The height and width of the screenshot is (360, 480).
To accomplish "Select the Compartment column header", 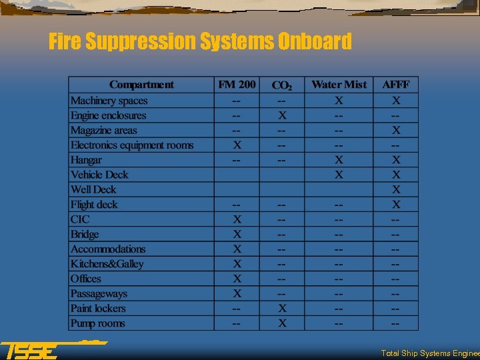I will [x=141, y=85].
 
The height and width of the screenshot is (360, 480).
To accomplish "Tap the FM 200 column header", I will [x=237, y=85].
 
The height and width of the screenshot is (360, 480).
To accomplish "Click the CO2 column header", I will [x=282, y=85].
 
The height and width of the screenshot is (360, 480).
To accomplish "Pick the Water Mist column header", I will [x=339, y=85].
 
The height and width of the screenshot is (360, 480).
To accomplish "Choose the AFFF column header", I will [x=396, y=85].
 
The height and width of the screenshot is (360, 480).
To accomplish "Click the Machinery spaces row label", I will [x=109, y=101].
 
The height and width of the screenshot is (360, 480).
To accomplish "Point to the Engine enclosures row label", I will [x=108, y=115].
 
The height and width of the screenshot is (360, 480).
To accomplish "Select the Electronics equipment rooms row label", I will [x=132, y=145].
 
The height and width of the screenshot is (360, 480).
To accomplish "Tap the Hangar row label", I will [x=86, y=160].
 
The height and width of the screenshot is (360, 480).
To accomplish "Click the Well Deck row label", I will [x=93, y=189].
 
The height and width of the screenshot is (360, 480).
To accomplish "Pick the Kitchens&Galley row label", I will [x=107, y=264].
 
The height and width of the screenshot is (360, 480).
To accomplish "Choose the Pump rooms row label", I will [x=97, y=323].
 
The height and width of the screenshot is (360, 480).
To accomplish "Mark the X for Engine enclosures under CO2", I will [x=282, y=115].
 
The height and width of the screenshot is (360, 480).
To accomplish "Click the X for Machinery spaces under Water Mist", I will [x=339, y=101].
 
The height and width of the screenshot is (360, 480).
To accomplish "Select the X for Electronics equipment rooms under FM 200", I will [x=237, y=145].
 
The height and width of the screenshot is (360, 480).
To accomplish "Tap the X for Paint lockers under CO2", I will [x=282, y=309].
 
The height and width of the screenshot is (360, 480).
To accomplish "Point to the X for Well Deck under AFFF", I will [x=396, y=189].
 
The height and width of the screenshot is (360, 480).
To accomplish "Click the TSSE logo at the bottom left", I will [x=30, y=350].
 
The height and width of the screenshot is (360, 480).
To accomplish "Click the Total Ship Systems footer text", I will [x=429, y=353].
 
